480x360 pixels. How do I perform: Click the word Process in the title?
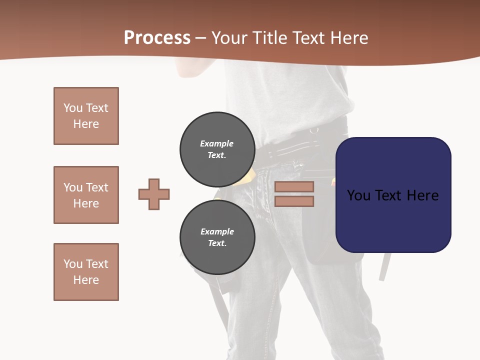point(157,38)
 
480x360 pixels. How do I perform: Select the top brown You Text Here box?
point(86,116)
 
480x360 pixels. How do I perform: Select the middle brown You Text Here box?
point(86,195)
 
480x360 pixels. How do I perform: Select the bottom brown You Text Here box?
point(86,272)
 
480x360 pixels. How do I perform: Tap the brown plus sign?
point(154,194)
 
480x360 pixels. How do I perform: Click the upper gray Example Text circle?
point(217,149)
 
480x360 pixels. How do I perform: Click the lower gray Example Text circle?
point(217,237)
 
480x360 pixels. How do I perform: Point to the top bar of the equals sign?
point(294,186)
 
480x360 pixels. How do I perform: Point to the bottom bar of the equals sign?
point(294,201)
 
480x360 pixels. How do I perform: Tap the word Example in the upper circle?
point(217,143)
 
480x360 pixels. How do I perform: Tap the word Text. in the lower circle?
point(217,243)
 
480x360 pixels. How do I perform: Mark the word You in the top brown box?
point(72,108)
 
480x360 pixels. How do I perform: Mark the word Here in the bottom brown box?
point(86,280)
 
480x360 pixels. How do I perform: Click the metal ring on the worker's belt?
point(313,131)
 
